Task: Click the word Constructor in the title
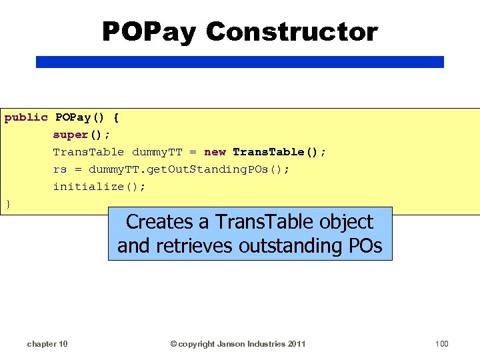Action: coord(291,31)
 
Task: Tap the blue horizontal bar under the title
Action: coord(239,62)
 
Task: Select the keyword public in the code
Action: coord(26,117)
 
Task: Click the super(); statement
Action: coord(81,135)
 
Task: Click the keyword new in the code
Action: coord(215,152)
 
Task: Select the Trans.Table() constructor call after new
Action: coord(279,152)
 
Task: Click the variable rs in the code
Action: coord(60,169)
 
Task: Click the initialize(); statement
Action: coord(99,187)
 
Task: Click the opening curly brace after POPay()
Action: coord(116,117)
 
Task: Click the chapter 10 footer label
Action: coord(47,343)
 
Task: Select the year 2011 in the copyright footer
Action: coord(294,343)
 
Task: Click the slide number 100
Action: coord(441,343)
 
